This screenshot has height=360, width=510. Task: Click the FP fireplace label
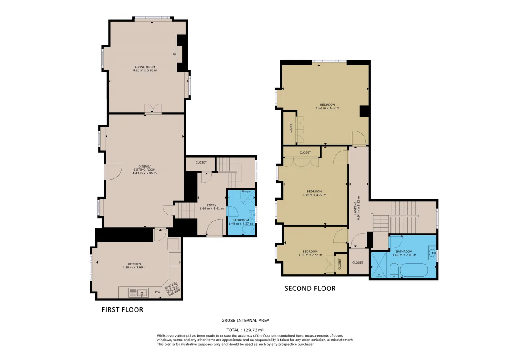point(174,55)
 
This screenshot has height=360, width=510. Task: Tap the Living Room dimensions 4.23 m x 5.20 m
point(145,70)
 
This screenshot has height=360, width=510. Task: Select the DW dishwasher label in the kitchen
point(157,292)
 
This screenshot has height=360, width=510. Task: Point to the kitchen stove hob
point(173,289)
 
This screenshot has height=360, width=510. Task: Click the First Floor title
point(122,310)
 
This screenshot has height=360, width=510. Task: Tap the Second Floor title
point(310,289)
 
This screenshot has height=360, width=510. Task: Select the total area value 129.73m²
point(253,330)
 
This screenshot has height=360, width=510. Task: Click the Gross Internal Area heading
point(245,321)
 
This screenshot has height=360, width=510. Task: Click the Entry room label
point(212,205)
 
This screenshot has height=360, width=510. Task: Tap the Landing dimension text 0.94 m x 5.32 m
point(359,208)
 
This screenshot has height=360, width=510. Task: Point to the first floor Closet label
point(201,162)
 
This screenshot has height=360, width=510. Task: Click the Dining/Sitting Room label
point(144,168)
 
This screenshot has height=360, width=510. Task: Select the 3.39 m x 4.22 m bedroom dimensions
point(314,195)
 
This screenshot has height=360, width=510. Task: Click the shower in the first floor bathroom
point(248,198)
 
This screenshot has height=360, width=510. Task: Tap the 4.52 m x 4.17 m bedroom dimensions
point(328,108)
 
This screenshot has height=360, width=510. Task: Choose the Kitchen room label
point(134,264)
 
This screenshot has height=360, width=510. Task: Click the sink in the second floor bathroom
point(432,253)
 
